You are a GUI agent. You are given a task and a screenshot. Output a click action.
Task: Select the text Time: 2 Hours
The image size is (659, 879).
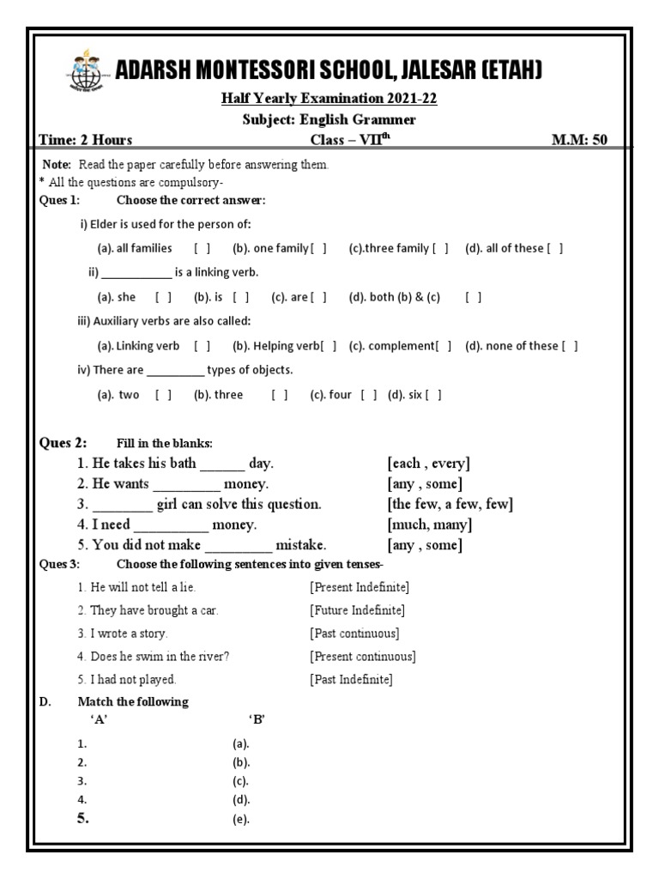[x=86, y=141]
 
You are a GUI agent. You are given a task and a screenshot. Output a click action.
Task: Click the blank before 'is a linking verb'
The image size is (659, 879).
[x=136, y=274]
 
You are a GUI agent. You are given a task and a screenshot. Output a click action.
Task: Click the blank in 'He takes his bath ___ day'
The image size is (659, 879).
[x=222, y=464]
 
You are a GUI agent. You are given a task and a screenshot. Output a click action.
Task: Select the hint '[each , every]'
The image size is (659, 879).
[x=428, y=464]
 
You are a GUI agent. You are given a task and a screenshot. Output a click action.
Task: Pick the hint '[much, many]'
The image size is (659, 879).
[x=429, y=524]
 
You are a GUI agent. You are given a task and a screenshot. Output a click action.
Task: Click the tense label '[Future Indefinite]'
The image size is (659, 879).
[x=357, y=610]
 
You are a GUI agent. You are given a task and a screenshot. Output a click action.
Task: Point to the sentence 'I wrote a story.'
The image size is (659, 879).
[x=123, y=633]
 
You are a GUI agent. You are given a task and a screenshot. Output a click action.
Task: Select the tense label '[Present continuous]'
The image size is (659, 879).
[x=362, y=657]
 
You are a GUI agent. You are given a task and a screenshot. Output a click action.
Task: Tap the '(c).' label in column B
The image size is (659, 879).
[x=240, y=782]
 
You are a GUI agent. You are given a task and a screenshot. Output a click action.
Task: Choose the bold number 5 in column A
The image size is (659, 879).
[x=83, y=819]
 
